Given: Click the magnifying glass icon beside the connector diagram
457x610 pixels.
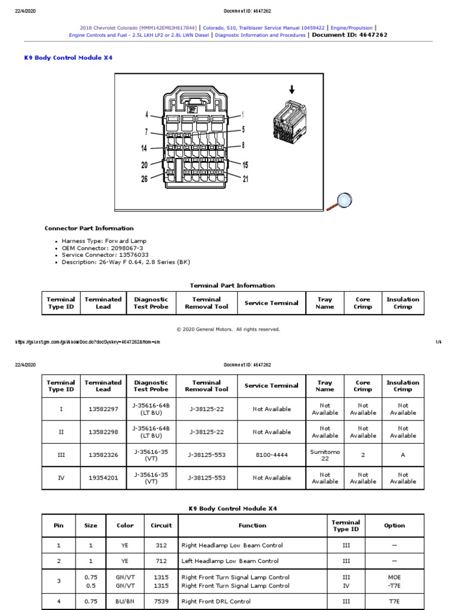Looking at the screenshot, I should (x=343, y=201).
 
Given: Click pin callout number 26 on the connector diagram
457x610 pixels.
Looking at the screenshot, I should (x=144, y=179).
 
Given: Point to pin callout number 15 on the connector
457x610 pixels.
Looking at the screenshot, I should (x=245, y=165).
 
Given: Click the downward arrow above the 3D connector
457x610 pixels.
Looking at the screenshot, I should (x=292, y=89).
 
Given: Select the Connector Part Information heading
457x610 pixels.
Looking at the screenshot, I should (x=89, y=228).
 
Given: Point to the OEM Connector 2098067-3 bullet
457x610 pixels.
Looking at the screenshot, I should (x=102, y=248).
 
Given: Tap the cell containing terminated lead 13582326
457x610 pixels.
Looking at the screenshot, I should (x=103, y=455).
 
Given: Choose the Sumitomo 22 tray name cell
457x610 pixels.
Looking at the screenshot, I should (x=325, y=455).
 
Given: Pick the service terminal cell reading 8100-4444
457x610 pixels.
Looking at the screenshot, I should (x=271, y=455).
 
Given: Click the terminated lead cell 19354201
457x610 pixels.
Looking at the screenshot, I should (x=103, y=478).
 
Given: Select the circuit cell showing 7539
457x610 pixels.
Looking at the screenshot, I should (x=161, y=602).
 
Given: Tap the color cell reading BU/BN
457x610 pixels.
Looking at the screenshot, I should (x=125, y=602).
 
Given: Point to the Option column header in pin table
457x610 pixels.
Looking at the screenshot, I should (x=394, y=525).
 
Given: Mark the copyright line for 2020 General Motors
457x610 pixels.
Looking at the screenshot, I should (x=228, y=329).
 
